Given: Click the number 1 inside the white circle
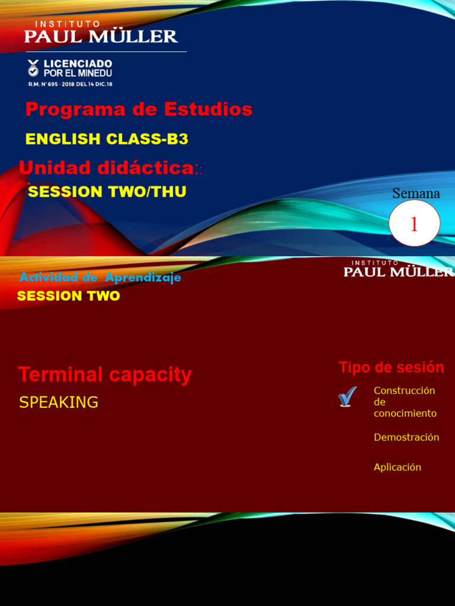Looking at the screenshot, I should click(414, 224).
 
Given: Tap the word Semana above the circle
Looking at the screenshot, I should click(416, 194).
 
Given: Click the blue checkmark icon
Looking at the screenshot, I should click(348, 397).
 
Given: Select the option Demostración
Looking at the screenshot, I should click(406, 437).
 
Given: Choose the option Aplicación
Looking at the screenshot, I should click(397, 467).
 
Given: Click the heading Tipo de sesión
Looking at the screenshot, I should click(391, 368).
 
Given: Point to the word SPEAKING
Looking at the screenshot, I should click(59, 402).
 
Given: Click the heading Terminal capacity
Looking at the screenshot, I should click(105, 375).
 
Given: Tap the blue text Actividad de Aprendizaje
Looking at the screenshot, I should click(100, 278).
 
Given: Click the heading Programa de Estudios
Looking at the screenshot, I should click(139, 109).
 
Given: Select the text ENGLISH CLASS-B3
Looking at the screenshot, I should click(107, 139).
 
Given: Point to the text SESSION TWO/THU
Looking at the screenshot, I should click(107, 192).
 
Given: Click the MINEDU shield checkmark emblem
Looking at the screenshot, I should click(33, 67).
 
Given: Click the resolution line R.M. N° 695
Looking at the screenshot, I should click(70, 84).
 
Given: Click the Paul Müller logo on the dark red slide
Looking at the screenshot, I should click(398, 269).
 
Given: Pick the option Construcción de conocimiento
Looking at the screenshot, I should click(405, 402).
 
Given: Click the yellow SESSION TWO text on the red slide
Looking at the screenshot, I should click(69, 296).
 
